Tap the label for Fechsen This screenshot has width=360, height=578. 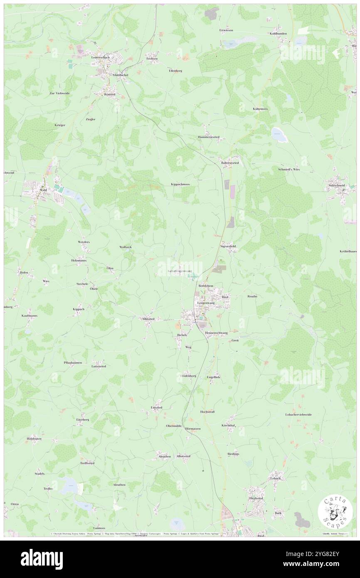[152, 59]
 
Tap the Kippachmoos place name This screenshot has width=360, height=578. [180, 184]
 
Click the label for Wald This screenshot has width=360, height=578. [42, 189]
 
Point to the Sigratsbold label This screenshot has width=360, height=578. [228, 246]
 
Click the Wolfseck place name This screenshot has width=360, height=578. [126, 247]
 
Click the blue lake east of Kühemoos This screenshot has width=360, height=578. [279, 134]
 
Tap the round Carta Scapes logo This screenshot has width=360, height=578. [335, 511]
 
